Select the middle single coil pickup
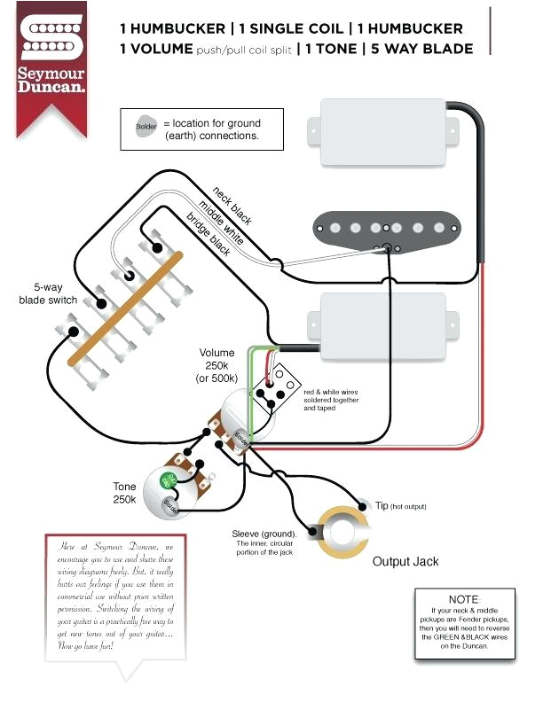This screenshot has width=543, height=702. pos(387,228)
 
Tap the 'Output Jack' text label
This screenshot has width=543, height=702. pos(405,562)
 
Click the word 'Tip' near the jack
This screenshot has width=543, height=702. pos(382,504)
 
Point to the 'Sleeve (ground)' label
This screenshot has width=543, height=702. pos(264,534)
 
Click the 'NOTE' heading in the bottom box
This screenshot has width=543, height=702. pos(463,600)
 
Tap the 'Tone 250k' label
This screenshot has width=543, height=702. pos(124,494)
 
